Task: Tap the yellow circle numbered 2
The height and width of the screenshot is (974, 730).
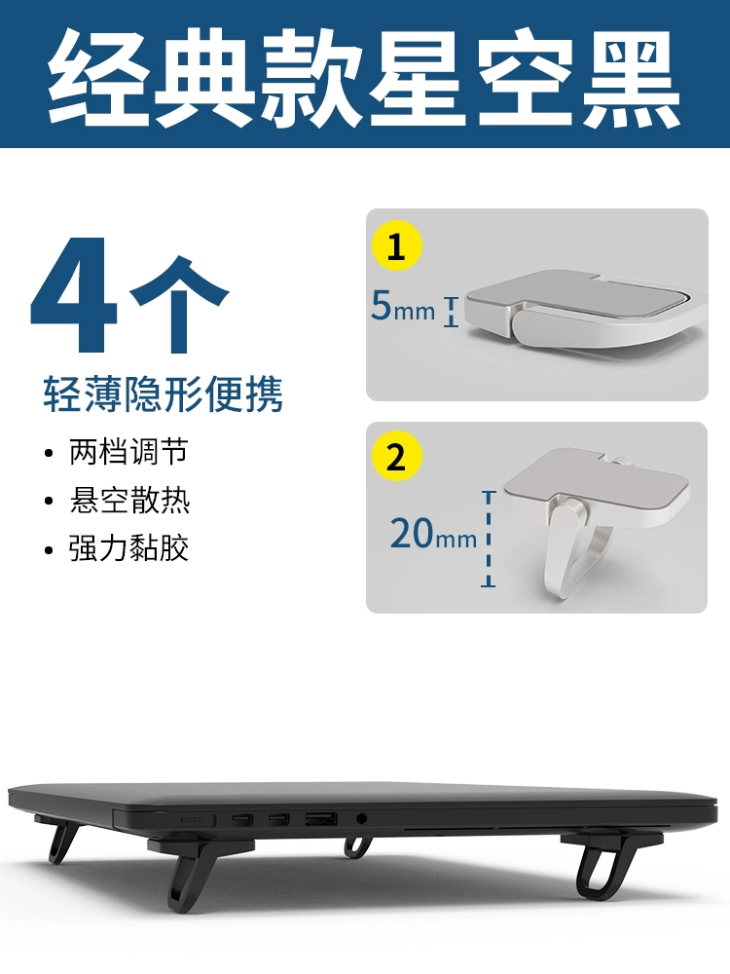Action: [x=397, y=456]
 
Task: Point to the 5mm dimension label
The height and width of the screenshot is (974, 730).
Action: [x=403, y=306]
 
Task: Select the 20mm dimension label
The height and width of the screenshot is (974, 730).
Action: [x=433, y=533]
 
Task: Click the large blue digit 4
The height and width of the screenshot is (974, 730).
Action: [x=75, y=294]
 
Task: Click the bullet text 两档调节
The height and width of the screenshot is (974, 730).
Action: [x=128, y=452]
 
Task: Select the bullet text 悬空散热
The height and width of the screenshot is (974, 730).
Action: [x=129, y=500]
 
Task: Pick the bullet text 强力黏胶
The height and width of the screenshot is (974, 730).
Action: [x=128, y=547]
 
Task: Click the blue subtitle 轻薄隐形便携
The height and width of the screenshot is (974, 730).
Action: [x=163, y=393]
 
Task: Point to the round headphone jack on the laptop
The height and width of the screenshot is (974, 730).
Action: [x=361, y=819]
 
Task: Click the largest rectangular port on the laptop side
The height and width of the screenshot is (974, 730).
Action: [x=321, y=820]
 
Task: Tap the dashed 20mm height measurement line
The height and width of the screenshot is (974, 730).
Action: [x=490, y=539]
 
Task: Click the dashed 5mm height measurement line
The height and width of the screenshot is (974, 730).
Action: [x=452, y=312]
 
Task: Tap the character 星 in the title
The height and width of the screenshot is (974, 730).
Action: [x=419, y=77]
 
